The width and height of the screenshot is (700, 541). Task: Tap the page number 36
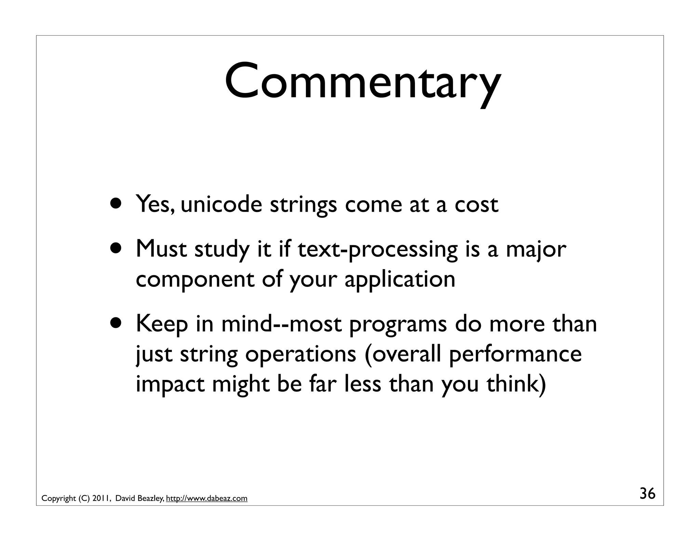pyautogui.click(x=647, y=494)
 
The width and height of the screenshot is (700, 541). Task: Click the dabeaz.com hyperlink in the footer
pyautogui.click(x=206, y=498)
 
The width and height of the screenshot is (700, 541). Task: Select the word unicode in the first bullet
pyautogui.click(x=221, y=204)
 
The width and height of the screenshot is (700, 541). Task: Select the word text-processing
pyautogui.click(x=377, y=250)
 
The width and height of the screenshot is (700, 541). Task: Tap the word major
pyautogui.click(x=536, y=250)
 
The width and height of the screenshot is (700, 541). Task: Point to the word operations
pyautogui.click(x=300, y=355)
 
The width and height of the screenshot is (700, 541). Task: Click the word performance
pyautogui.click(x=515, y=355)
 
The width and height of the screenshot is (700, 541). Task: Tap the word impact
pyautogui.click(x=170, y=385)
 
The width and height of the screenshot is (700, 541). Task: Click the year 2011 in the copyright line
pyautogui.click(x=101, y=498)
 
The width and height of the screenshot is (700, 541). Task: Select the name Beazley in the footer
pyautogui.click(x=150, y=498)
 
